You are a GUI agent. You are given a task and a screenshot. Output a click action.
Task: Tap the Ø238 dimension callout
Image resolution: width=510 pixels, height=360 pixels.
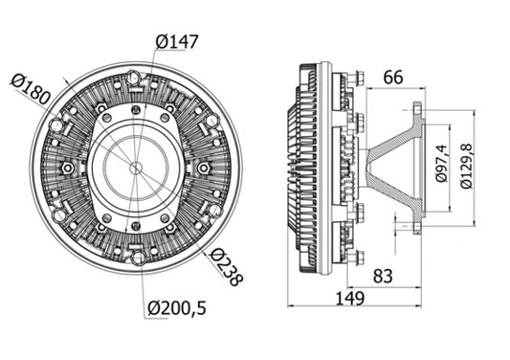227,267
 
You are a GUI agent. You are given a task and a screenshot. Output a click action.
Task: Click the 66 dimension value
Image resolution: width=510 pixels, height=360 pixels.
392,76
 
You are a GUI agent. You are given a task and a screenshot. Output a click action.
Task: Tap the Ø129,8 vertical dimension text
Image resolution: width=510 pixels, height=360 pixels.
466,168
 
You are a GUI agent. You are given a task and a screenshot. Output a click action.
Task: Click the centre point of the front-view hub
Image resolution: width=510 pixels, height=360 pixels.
136,167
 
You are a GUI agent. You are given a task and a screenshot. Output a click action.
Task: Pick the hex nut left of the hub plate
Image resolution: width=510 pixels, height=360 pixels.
67,168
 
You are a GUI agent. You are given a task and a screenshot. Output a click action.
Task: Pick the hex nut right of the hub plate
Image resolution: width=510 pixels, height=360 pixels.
205,168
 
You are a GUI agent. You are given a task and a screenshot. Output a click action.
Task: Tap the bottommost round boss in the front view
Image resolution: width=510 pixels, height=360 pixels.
137,257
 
